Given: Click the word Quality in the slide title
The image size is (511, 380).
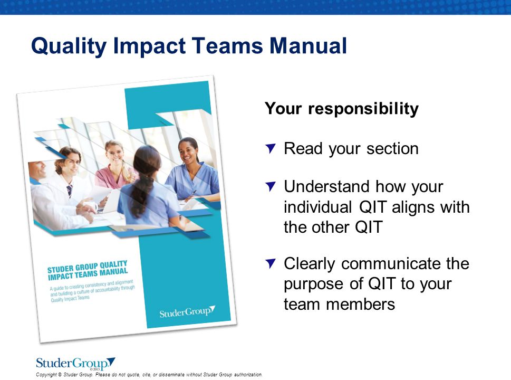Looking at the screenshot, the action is pyautogui.click(x=69, y=46).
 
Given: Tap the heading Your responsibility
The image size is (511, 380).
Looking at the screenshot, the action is pyautogui.click(x=342, y=109).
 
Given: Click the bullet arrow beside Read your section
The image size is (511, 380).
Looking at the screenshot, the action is pyautogui.click(x=271, y=148).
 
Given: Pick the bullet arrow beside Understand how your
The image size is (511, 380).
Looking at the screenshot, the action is pyautogui.click(x=271, y=187).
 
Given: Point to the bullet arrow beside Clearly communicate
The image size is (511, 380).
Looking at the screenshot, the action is pyautogui.click(x=271, y=263).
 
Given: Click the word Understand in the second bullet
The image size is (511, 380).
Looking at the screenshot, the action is pyautogui.click(x=327, y=187).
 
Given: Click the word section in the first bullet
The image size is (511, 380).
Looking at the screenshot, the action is pyautogui.click(x=392, y=149).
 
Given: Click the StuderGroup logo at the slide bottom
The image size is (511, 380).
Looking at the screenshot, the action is pyautogui.click(x=75, y=363).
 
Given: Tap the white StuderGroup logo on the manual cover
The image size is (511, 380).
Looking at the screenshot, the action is pyautogui.click(x=187, y=312).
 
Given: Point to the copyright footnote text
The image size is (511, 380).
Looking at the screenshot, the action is pyautogui.click(x=149, y=374).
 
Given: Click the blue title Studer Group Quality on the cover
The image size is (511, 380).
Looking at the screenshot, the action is pyautogui.click(x=88, y=266).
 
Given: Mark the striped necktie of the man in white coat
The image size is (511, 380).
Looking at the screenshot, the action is pyautogui.click(x=70, y=191).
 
